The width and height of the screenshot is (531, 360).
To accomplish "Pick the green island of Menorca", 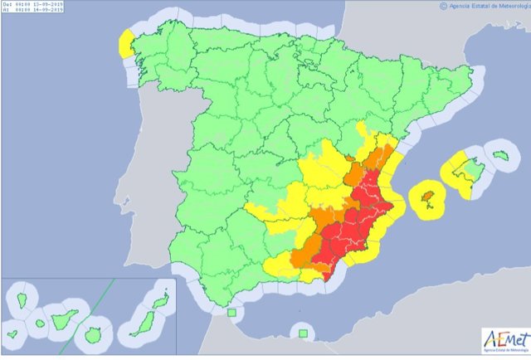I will [499, 154].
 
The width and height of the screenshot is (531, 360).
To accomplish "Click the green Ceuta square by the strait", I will [231, 314].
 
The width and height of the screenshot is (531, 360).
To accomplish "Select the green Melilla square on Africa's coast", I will [304, 333].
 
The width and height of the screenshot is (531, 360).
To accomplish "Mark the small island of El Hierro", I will [12, 335].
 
